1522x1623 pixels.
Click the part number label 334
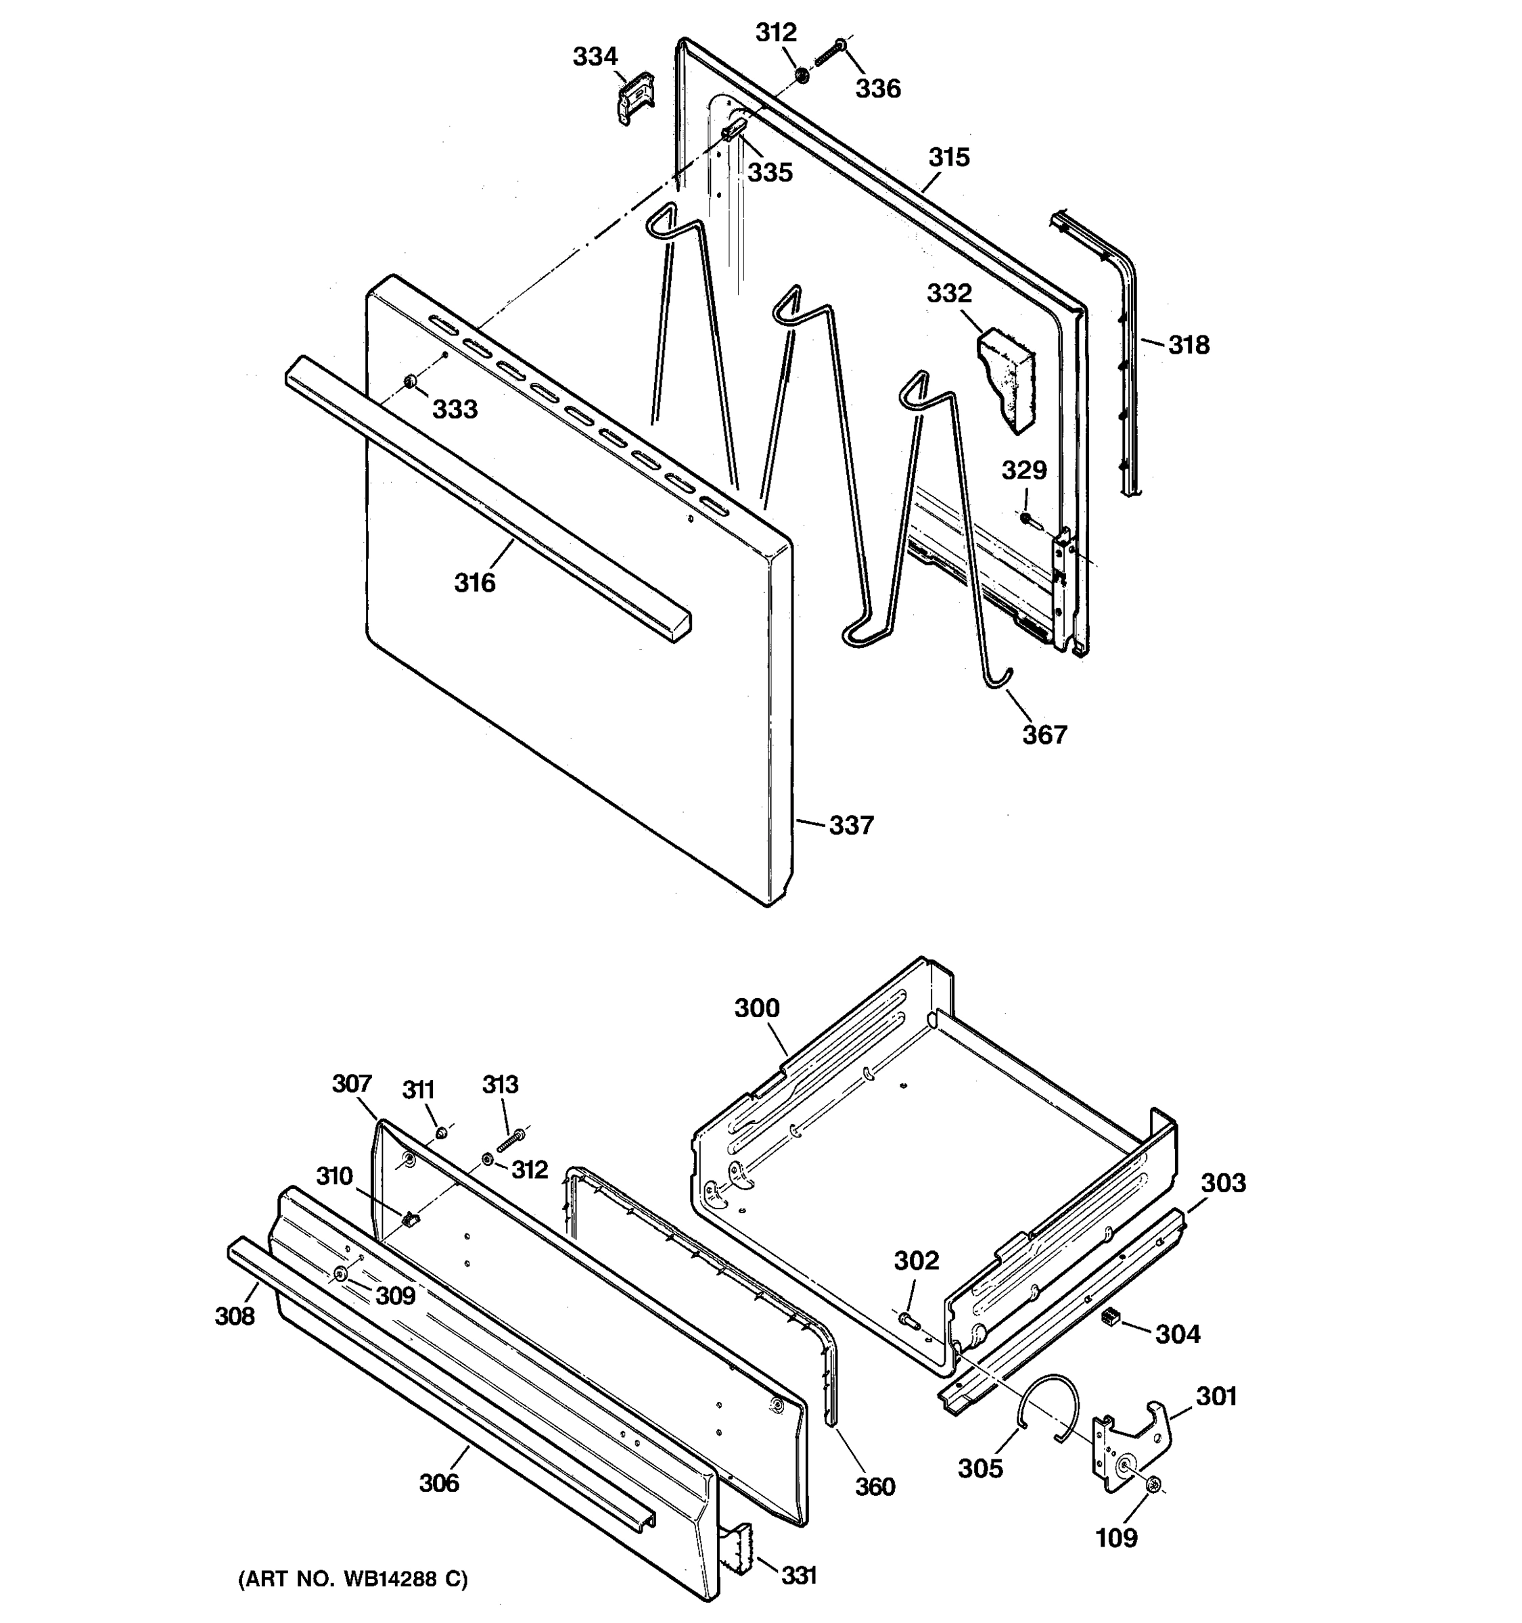tap(595, 57)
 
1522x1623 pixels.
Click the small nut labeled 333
tap(411, 382)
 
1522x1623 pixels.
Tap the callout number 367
tap(1044, 735)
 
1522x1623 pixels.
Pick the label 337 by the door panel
tap(851, 826)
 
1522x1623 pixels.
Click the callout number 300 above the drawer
tap(756, 1008)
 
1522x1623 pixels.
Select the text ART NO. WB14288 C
tap(352, 1579)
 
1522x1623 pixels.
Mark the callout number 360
tap(875, 1486)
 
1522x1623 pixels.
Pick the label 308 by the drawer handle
tap(234, 1315)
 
